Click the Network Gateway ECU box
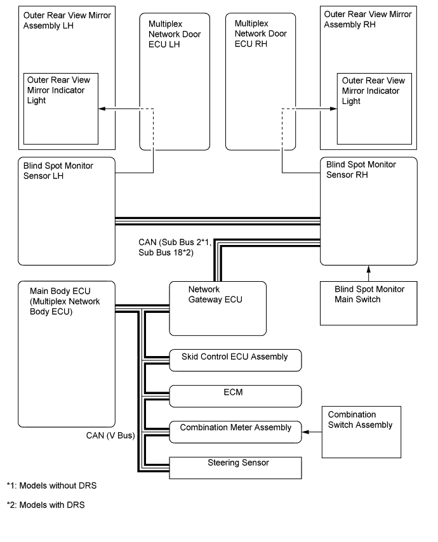(218, 308)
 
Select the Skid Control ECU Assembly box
(235, 360)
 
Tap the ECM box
(235, 396)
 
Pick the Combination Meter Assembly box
(235, 432)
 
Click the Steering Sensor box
(235, 468)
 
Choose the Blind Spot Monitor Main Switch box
(369, 303)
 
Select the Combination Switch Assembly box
(361, 432)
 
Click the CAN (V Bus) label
(110, 435)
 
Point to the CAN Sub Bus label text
(175, 247)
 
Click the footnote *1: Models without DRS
(51, 486)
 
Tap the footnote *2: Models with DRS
(46, 505)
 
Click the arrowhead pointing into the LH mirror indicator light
(102, 109)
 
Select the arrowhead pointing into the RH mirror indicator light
(333, 109)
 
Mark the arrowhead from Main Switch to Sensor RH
(369, 269)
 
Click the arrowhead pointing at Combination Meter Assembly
(305, 432)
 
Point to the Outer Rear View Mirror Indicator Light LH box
(61, 109)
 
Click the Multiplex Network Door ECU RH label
(261, 34)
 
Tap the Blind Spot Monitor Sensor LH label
(58, 171)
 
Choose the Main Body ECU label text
(65, 301)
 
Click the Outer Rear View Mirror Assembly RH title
(368, 19)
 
